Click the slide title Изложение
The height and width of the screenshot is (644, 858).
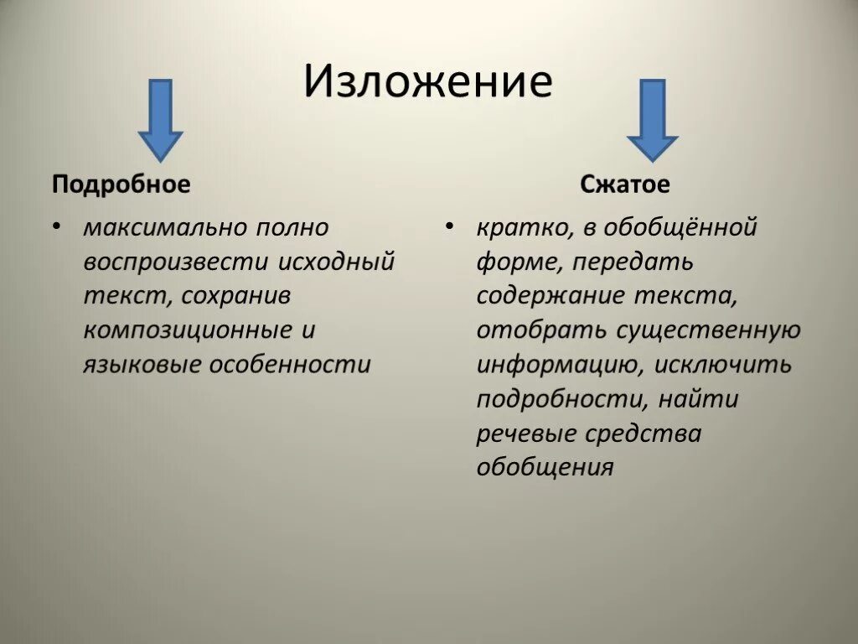428,83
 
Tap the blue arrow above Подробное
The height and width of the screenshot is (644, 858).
160,119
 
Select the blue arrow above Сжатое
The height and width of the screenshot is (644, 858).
652,119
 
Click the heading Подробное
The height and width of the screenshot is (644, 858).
121,184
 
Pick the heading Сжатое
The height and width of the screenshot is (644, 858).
625,184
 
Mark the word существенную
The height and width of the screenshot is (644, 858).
709,330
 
